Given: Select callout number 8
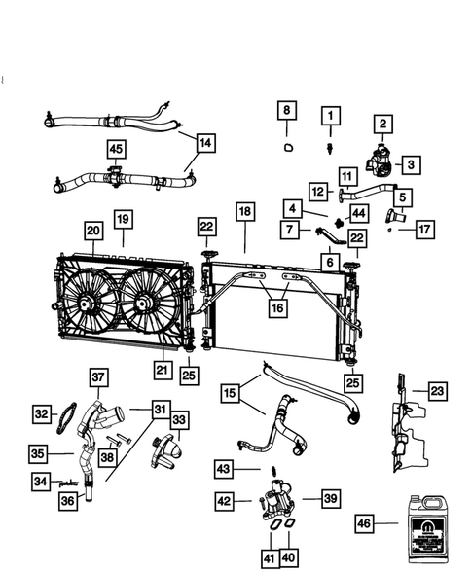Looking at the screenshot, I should (285, 111).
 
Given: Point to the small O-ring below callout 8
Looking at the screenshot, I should (287, 148).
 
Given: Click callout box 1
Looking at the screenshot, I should (330, 117).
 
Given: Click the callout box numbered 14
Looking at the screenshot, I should (205, 141).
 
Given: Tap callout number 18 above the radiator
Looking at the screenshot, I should (244, 211).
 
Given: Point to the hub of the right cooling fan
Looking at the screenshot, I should (143, 304).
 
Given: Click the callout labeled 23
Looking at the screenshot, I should (438, 391).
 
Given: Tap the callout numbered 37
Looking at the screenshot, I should (98, 376).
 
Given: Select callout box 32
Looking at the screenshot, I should (42, 413).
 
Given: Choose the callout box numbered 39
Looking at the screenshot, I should (331, 498).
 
